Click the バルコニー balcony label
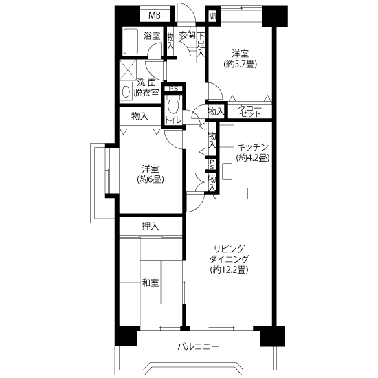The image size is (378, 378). [x=199, y=347]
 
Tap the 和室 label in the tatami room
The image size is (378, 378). [x=151, y=282]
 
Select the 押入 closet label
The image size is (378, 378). [x=151, y=226]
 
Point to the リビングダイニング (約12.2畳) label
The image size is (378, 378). [x=229, y=259]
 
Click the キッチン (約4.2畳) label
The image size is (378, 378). [x=253, y=152]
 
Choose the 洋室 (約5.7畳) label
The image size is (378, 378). [x=241, y=58]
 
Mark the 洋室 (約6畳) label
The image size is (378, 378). [x=151, y=174]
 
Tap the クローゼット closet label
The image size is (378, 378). [x=249, y=111]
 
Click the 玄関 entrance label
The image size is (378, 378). [x=187, y=36]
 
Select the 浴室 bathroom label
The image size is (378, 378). [x=152, y=36]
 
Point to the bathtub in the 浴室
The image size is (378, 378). [x=131, y=41]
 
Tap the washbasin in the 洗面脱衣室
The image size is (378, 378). [x=126, y=91]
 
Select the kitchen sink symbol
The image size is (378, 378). [x=227, y=171]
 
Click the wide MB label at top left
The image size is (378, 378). [x=155, y=15]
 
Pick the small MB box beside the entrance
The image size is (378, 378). [x=212, y=16]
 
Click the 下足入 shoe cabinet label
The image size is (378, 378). [x=201, y=45]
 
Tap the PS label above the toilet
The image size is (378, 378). [x=174, y=89]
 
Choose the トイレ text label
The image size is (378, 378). [x=173, y=120]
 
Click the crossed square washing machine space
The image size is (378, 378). [x=129, y=69]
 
